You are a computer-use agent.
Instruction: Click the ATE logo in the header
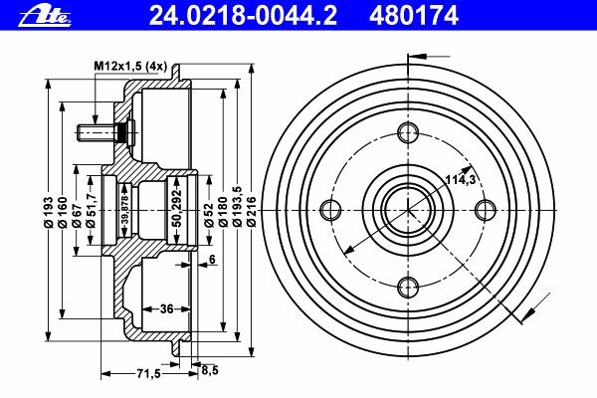tap(45, 16)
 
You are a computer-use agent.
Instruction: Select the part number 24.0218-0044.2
tap(243, 16)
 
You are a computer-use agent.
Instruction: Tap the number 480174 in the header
tap(414, 16)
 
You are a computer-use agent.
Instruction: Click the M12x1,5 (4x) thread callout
tap(130, 67)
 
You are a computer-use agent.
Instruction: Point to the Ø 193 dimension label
tap(49, 211)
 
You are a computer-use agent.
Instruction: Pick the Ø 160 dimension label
tap(63, 211)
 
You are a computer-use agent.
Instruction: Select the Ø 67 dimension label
tap(77, 214)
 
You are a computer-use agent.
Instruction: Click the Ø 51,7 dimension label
tap(91, 209)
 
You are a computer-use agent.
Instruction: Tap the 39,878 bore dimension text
tap(125, 210)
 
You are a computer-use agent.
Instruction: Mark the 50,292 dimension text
tap(177, 208)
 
